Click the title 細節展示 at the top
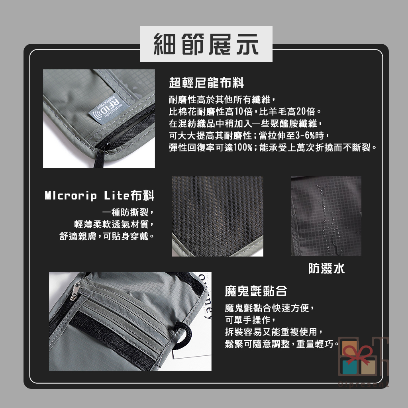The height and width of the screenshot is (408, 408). click(206, 44)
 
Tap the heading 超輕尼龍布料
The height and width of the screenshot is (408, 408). click(206, 83)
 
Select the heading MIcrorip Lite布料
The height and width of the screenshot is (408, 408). click(100, 196)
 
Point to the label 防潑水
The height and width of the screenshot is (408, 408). click(326, 268)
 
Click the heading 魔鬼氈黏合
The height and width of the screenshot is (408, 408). click(256, 291)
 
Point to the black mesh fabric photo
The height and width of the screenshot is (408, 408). click(218, 216)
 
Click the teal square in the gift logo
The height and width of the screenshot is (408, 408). click(349, 367)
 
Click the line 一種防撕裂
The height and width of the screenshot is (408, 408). click(128, 212)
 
